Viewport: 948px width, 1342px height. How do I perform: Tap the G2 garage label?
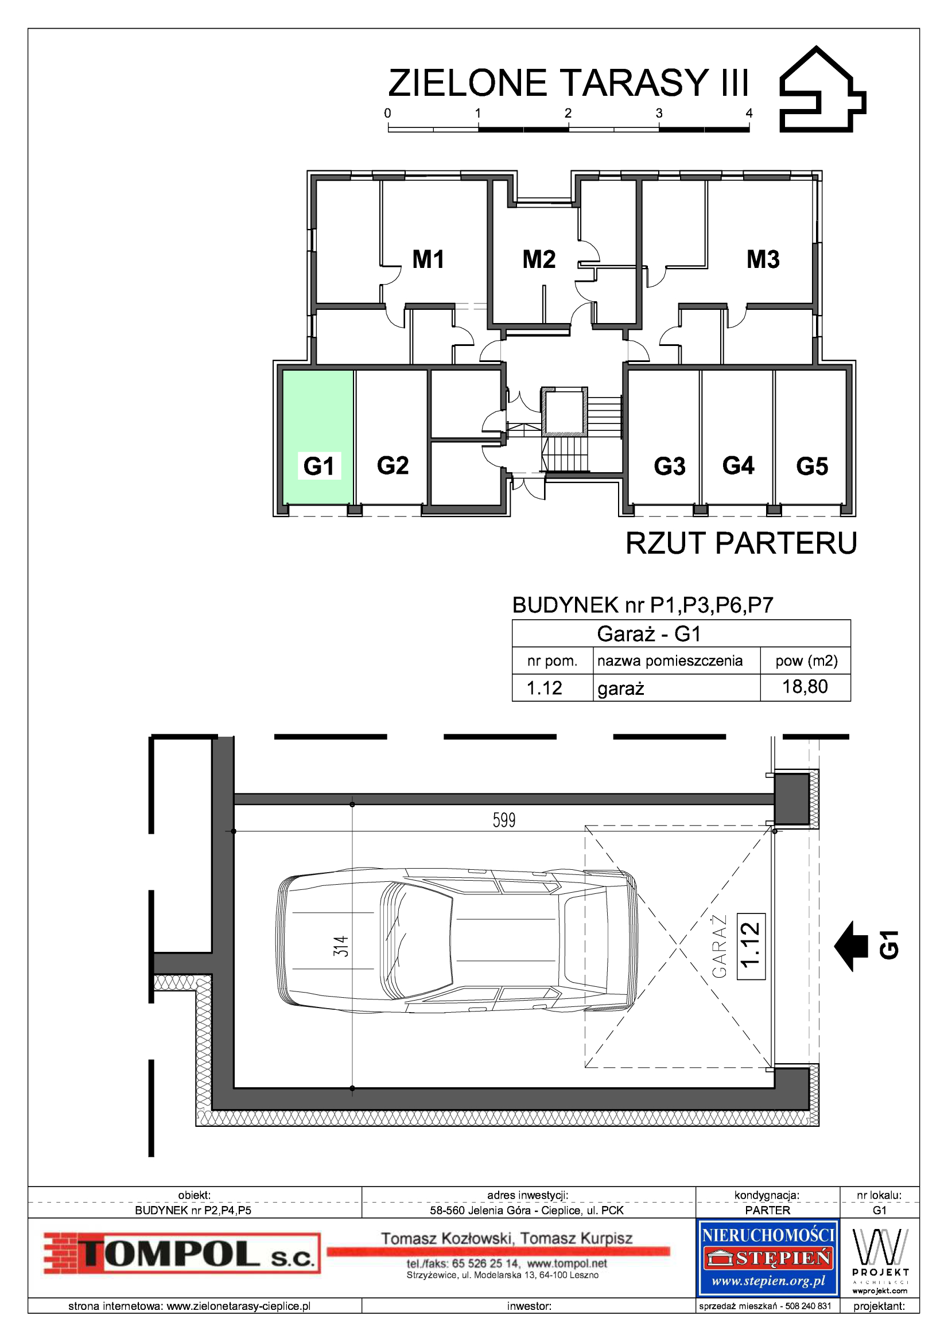[393, 465]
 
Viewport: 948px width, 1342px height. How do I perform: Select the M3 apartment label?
[763, 259]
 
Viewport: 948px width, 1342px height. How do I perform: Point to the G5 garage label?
[812, 466]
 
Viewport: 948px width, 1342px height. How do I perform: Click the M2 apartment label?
[539, 259]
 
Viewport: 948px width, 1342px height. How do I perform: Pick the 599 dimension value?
[504, 820]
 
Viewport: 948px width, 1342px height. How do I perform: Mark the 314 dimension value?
[341, 946]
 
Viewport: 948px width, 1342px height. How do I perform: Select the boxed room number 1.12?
[751, 946]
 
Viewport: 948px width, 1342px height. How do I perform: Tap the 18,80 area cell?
[805, 686]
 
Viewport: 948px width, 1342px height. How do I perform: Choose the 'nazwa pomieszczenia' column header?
[670, 660]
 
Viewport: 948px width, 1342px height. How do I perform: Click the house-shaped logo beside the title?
[823, 90]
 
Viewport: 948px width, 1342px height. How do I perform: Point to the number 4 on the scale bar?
[749, 114]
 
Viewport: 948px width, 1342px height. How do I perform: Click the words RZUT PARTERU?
[741, 543]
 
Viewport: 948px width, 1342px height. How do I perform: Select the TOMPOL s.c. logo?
[182, 1254]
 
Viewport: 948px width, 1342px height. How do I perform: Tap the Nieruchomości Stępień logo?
[768, 1258]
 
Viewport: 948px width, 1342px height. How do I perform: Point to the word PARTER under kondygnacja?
[767, 1210]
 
